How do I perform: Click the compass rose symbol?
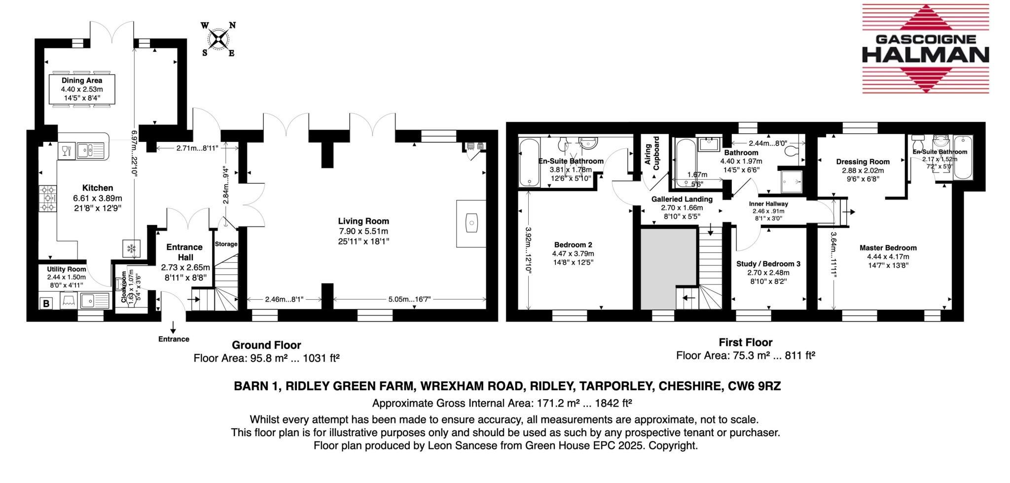pos(218,39)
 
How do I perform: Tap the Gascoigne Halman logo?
pos(925,49)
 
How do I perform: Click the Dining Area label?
pos(82,80)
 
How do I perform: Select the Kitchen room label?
pos(97,188)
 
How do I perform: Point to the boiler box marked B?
pos(46,304)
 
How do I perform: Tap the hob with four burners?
pos(48,198)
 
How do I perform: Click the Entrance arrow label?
pos(173,339)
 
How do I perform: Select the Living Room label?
pos(363,221)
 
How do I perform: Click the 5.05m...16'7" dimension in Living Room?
pos(409,299)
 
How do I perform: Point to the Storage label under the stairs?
pos(226,244)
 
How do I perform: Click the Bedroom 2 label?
pos(573,245)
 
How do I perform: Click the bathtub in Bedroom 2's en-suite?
pos(530,162)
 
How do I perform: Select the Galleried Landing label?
pos(682,199)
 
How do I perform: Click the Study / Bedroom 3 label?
pos(768,264)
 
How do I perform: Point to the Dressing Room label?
pos(863,162)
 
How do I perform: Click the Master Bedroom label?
pos(888,248)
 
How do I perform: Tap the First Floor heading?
pos(745,342)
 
